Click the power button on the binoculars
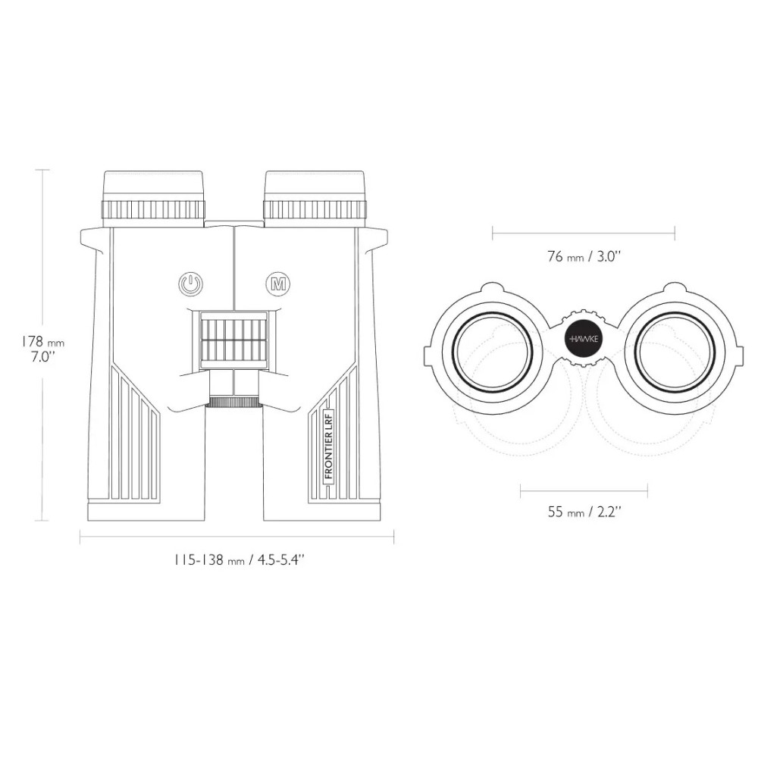[191, 283]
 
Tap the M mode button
[278, 283]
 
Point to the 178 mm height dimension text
[42, 342]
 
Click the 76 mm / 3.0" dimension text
[584, 256]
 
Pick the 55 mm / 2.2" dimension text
[584, 512]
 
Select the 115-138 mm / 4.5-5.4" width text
[240, 560]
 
